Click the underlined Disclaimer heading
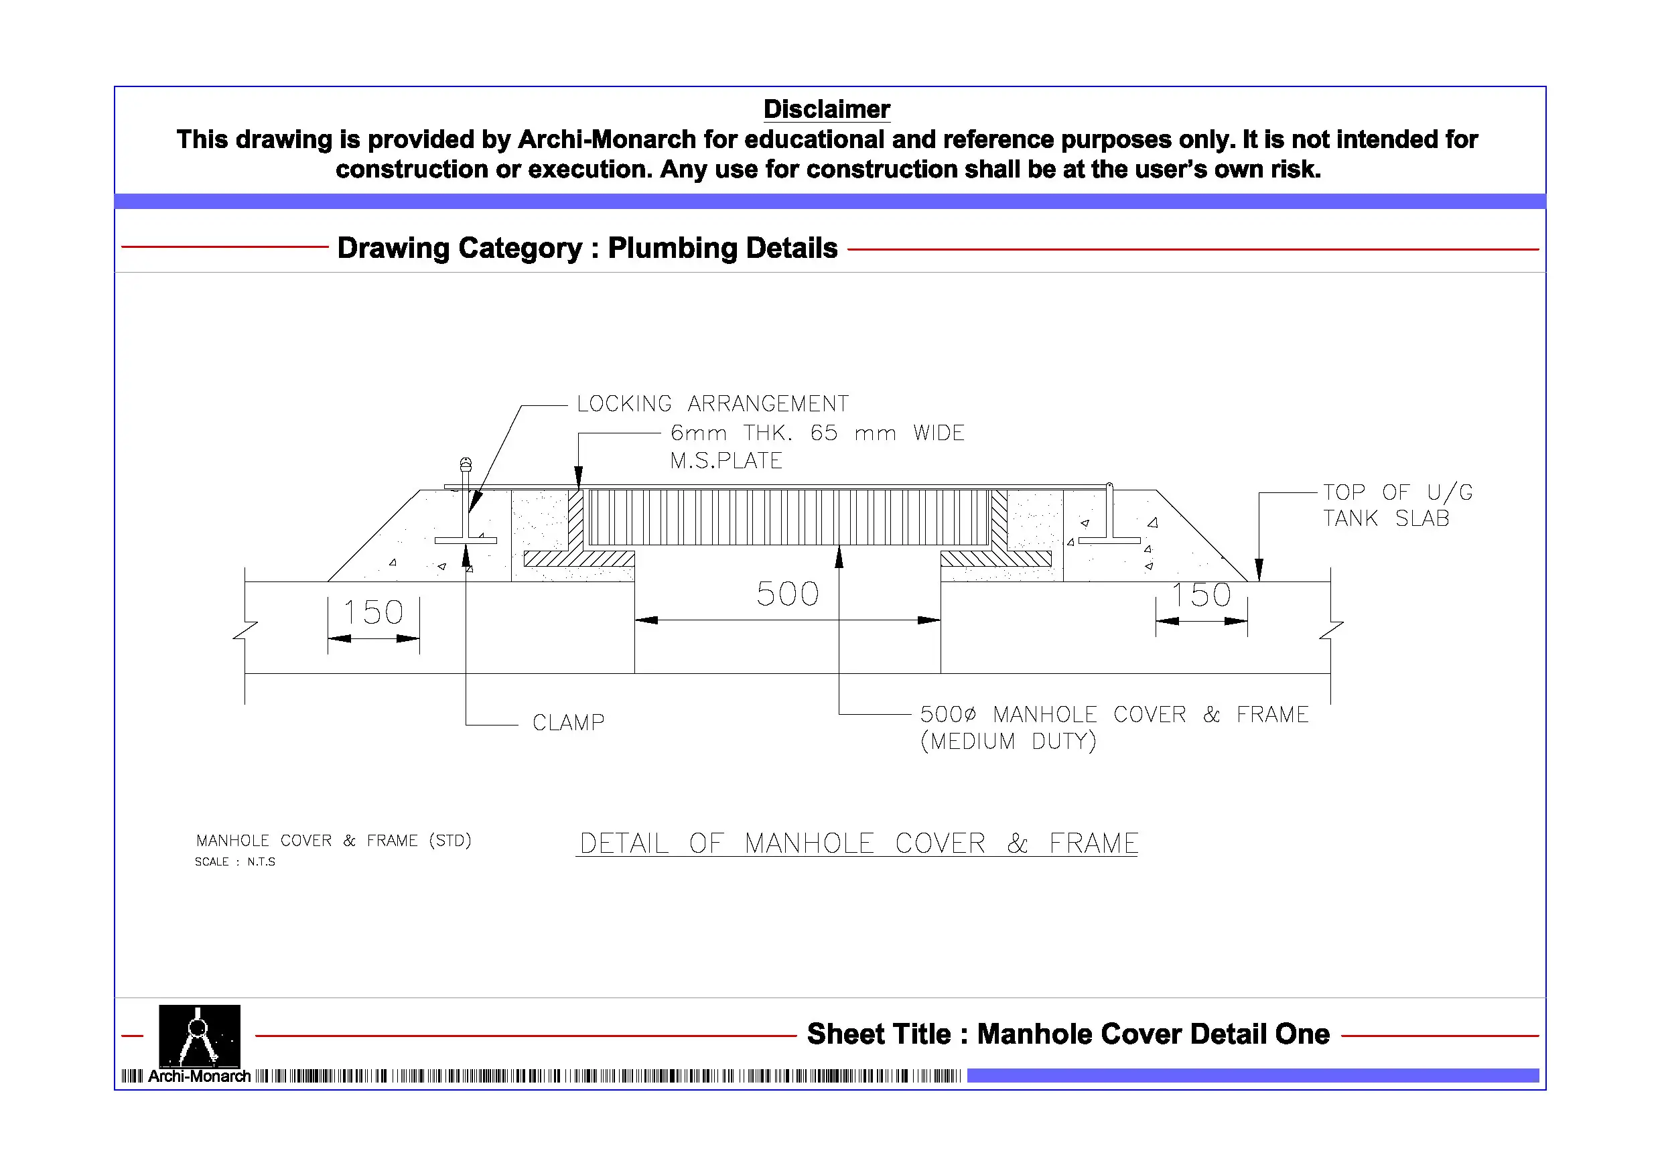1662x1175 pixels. click(x=827, y=109)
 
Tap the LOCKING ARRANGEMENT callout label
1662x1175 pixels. click(x=712, y=403)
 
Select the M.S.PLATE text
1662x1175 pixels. click(x=726, y=460)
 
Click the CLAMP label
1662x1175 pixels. click(x=568, y=723)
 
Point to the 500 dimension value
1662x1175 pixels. click(x=788, y=594)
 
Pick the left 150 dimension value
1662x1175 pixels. click(x=372, y=612)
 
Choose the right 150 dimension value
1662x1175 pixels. click(x=1201, y=595)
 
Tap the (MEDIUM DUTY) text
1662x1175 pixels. click(x=1008, y=742)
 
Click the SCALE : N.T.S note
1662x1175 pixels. click(x=234, y=861)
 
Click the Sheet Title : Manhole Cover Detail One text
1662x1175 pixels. click(x=1068, y=1034)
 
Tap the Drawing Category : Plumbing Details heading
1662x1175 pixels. click(x=587, y=248)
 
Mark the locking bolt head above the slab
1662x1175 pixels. click(x=466, y=464)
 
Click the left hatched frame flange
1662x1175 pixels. click(x=579, y=558)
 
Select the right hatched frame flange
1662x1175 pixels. click(x=996, y=558)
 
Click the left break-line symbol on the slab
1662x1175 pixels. click(x=245, y=630)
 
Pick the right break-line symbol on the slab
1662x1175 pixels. click(x=1330, y=630)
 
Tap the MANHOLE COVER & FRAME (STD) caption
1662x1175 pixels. click(x=334, y=841)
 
